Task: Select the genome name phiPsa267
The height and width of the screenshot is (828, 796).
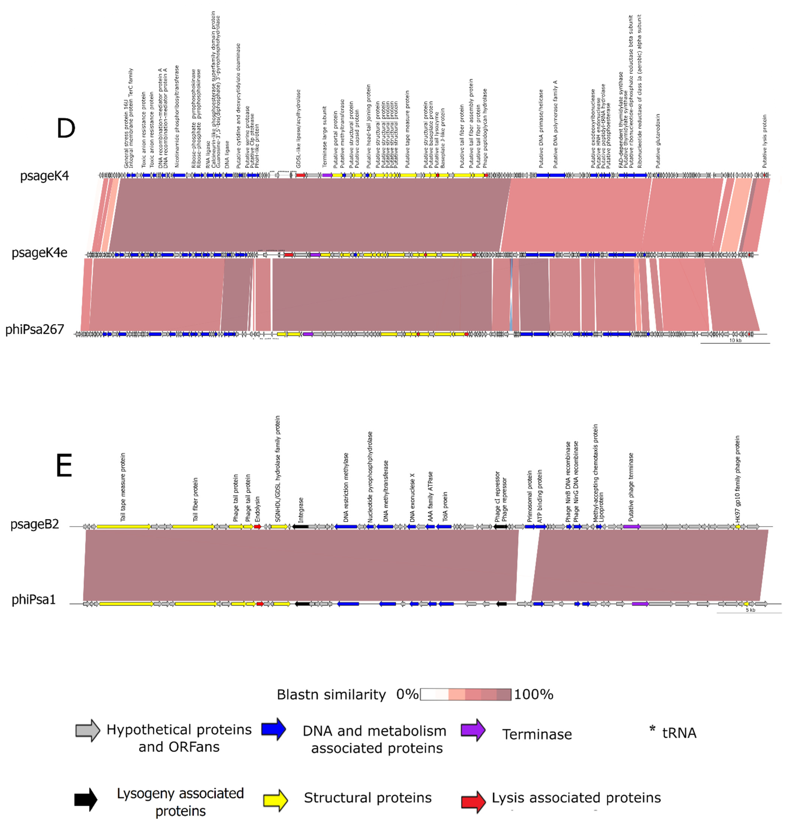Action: tap(35, 330)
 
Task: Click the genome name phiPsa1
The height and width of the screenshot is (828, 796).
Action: tap(34, 600)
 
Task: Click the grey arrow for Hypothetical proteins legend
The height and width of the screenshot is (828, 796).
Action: tap(87, 730)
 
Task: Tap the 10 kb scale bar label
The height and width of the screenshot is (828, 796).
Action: tap(735, 341)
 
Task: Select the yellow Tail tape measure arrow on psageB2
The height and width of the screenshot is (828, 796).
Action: tap(124, 526)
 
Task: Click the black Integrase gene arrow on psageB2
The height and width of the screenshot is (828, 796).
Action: tap(300, 526)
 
